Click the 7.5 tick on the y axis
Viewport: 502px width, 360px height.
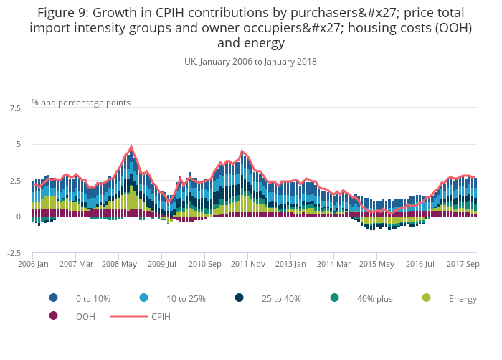15,108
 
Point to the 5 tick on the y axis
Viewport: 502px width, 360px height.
18,145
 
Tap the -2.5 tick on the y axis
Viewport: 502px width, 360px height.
14,253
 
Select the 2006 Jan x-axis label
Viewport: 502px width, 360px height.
33,264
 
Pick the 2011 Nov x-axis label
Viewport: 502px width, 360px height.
247,264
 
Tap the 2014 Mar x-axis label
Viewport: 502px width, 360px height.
333,264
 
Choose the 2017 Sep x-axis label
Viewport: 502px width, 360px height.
463,264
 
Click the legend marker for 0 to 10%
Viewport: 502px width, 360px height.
53,298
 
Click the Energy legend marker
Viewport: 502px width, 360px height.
427,298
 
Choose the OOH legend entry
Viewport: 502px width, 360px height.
85,316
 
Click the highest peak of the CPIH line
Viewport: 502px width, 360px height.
131,147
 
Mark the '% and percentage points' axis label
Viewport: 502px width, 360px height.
81,103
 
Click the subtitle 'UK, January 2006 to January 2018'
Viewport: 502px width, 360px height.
250,62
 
